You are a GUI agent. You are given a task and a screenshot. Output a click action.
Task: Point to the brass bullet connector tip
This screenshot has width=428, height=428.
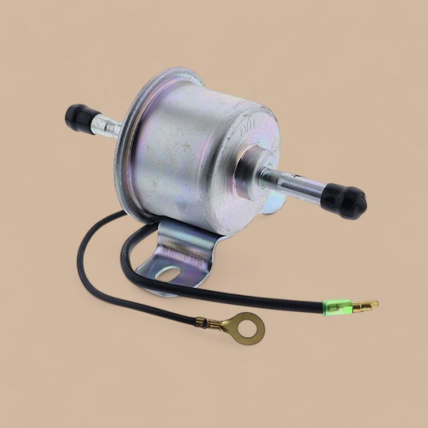(366, 304)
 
